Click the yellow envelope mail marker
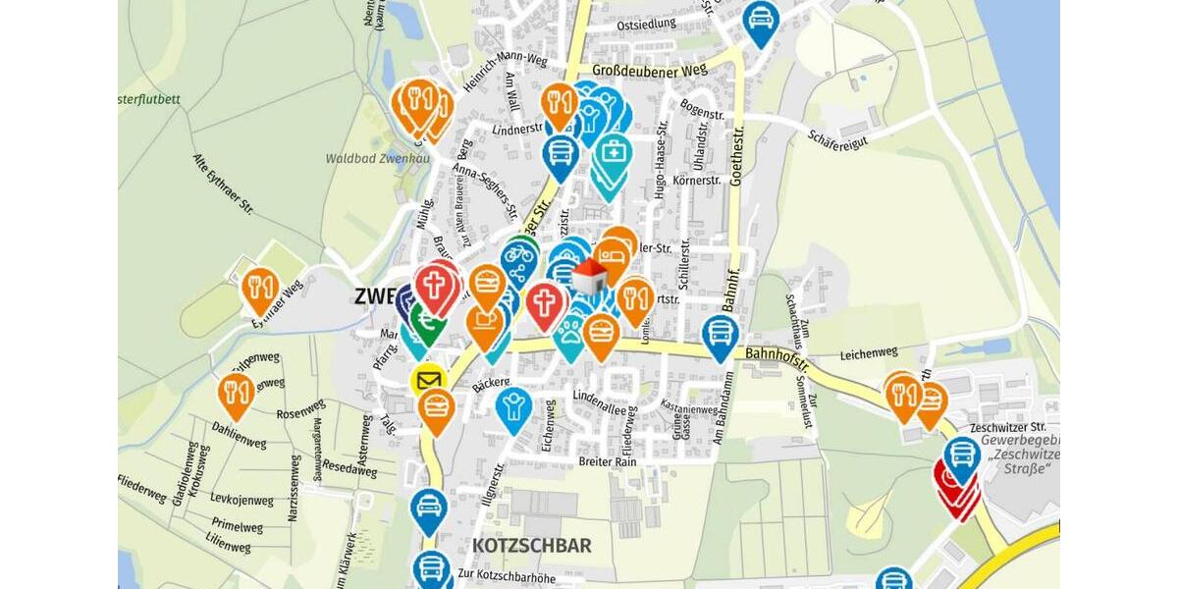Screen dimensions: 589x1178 (428, 381)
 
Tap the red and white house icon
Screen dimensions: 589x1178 (589, 278)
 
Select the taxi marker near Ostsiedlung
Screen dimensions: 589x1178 (761, 20)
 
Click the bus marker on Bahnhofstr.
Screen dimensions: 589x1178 (721, 334)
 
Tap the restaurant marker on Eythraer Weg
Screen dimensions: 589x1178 (259, 288)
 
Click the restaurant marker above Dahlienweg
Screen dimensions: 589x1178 (237, 392)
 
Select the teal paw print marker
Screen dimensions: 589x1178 (570, 330)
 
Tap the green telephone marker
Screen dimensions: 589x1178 (428, 320)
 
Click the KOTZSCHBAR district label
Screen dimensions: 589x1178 (531, 545)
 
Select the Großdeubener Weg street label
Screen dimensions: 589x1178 (649, 71)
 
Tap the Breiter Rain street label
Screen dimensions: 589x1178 (609, 461)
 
